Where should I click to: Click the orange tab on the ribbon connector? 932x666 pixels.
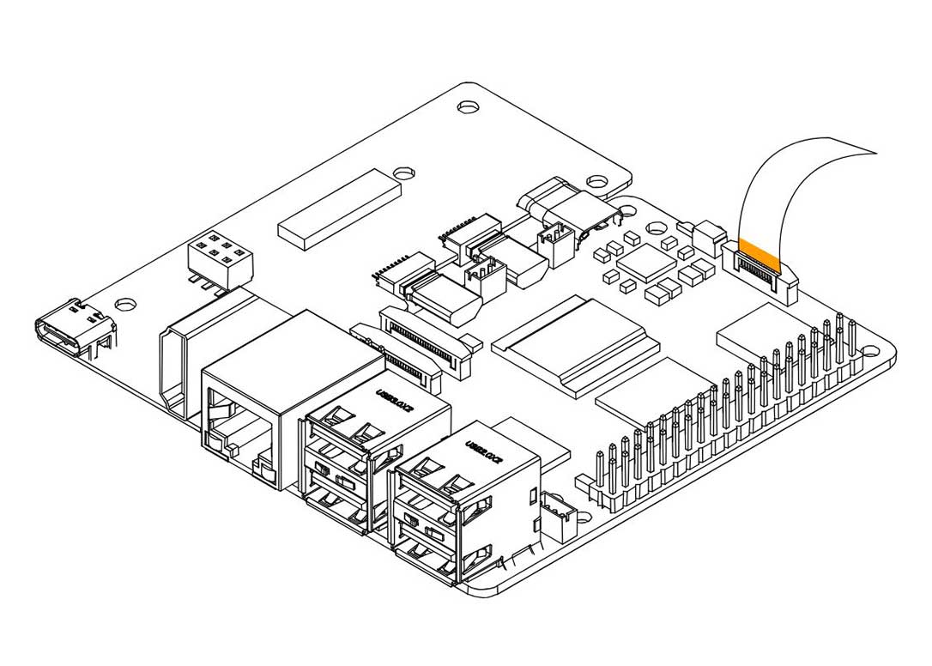tap(759, 250)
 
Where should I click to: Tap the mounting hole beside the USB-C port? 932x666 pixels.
tap(126, 304)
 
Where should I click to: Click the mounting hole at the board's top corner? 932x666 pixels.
tap(468, 107)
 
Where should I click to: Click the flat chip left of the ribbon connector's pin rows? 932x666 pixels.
tap(755, 330)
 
